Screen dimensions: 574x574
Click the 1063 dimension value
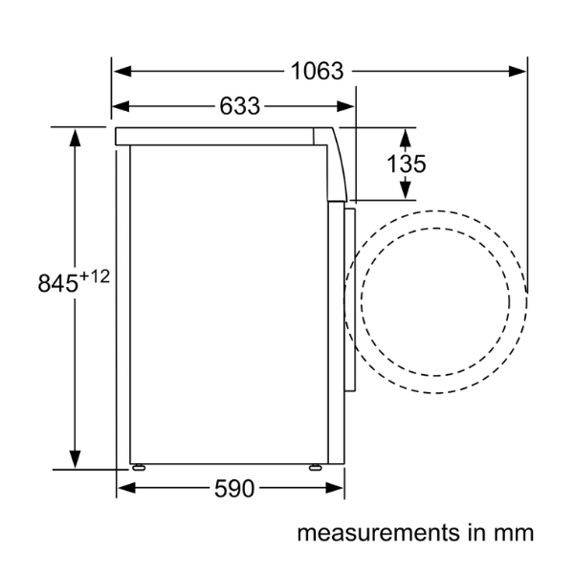(317, 71)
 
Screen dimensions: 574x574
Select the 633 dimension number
(239, 106)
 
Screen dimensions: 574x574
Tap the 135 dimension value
(406, 164)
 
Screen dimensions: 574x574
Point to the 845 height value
(56, 283)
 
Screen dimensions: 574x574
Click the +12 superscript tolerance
(95, 276)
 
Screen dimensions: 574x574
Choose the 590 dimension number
(233, 489)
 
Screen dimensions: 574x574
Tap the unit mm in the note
(513, 532)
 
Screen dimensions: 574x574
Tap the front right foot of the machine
(315, 468)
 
